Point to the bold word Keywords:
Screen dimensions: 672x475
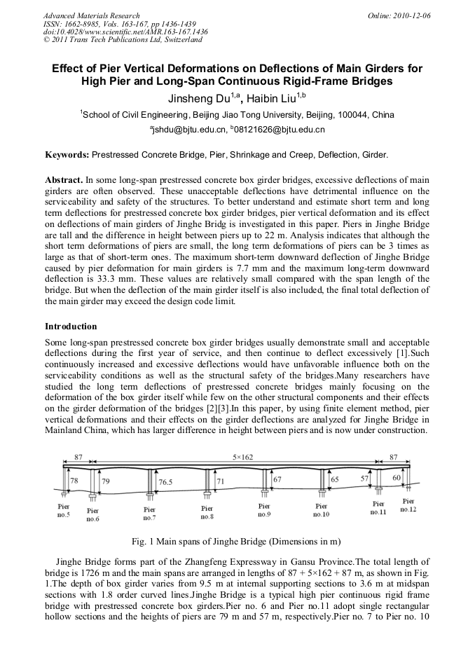[67, 153]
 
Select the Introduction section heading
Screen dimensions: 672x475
[71, 327]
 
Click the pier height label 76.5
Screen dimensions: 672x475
[165, 483]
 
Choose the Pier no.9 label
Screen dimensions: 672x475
[264, 509]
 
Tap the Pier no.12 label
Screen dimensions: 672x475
[408, 505]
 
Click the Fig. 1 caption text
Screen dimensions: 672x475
[237, 542]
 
